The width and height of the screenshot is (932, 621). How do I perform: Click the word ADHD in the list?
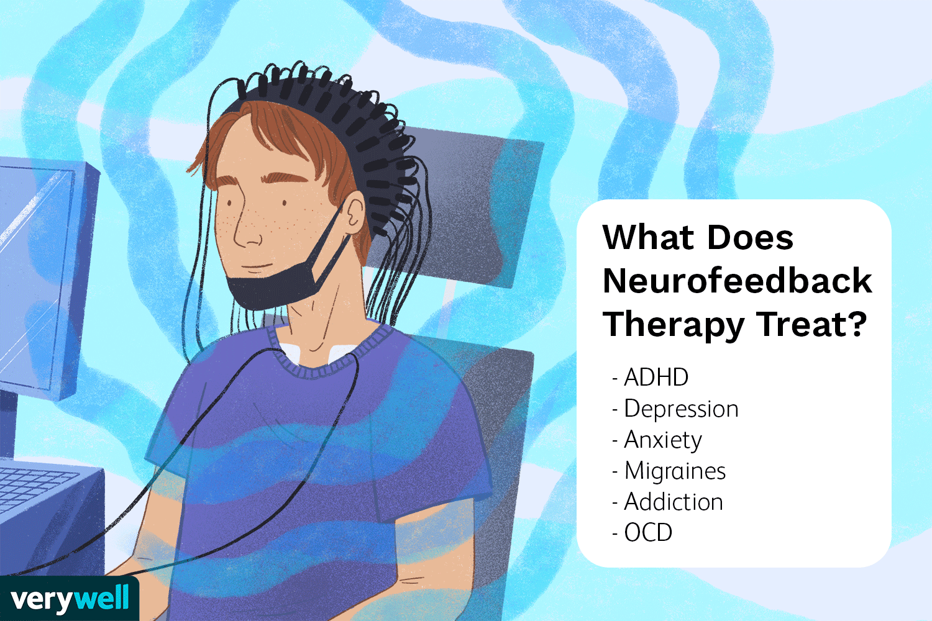click(656, 378)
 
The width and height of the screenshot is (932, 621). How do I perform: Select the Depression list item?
click(681, 409)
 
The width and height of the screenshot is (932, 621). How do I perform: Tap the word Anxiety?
click(663, 440)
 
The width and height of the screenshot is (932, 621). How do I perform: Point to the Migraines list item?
click(675, 471)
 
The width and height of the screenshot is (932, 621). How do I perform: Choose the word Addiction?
click(674, 502)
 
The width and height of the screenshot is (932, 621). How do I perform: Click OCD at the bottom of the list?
click(648, 533)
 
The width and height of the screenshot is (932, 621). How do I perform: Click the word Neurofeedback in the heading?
click(737, 281)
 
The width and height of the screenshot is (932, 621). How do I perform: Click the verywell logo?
click(70, 599)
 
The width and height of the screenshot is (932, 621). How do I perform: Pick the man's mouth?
click(255, 268)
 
